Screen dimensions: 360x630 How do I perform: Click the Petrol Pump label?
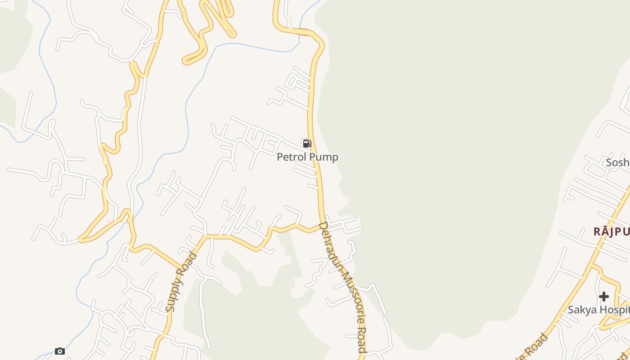pyautogui.click(x=307, y=157)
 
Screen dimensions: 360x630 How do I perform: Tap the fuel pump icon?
pyautogui.click(x=307, y=144)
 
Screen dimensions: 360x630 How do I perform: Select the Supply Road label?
pyautogui.click(x=181, y=282)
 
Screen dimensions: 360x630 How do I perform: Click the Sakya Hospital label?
pyautogui.click(x=598, y=310)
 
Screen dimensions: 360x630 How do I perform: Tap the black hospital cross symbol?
pyautogui.click(x=604, y=297)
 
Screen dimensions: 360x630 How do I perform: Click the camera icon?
pyautogui.click(x=60, y=351)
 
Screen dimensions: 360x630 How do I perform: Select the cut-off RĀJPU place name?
pyautogui.click(x=611, y=232)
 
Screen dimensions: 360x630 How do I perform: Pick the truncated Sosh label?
pyautogui.click(x=617, y=162)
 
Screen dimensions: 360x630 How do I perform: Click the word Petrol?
pyautogui.click(x=291, y=157)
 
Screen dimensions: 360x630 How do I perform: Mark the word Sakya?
pyautogui.click(x=581, y=310)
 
